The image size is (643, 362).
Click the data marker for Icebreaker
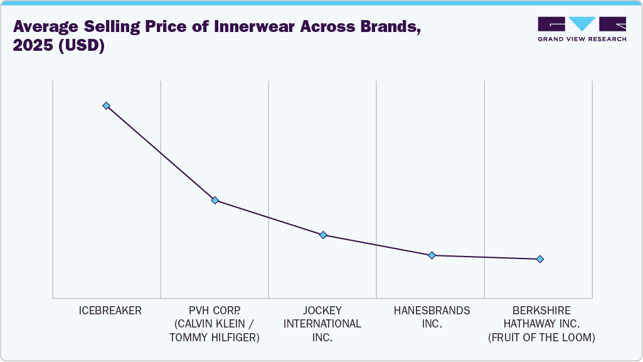[x=107, y=105]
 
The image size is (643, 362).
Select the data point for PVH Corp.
[x=215, y=200]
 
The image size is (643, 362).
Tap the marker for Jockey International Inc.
[x=323, y=235]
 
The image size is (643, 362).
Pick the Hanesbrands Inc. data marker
[x=432, y=255]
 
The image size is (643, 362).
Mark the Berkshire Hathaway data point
[x=540, y=259]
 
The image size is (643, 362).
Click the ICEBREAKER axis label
[x=110, y=311]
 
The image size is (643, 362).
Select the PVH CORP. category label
[x=215, y=311]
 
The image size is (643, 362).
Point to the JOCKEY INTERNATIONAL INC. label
[x=322, y=324]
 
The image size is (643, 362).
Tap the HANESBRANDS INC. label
[x=432, y=317]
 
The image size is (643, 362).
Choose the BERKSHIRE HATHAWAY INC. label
[x=541, y=317]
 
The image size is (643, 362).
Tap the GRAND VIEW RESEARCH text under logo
[x=582, y=39]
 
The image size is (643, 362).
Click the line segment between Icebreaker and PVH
[x=161, y=152]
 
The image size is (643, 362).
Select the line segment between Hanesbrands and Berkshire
[x=486, y=257]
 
